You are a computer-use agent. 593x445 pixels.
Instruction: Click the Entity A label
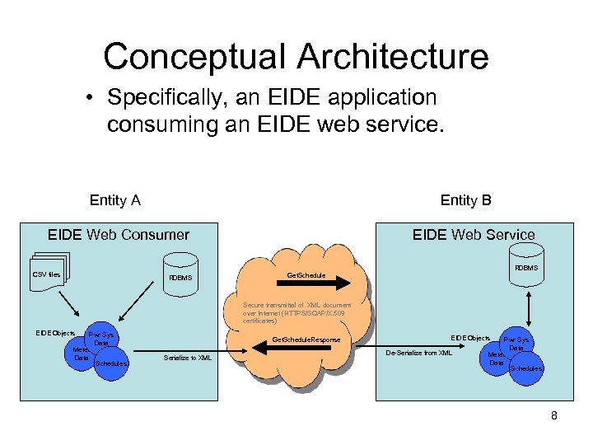click(x=114, y=200)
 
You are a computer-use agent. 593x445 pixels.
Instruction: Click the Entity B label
click(x=466, y=200)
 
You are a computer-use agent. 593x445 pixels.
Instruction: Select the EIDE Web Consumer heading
click(x=119, y=235)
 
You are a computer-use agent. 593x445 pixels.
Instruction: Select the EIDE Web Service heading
click(x=474, y=235)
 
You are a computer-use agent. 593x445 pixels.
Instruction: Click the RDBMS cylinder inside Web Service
click(x=525, y=269)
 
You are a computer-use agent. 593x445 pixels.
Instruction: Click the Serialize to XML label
click(x=187, y=358)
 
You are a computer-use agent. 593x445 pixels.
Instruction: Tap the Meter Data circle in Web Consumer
click(x=81, y=354)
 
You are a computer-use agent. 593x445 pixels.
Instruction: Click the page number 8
click(x=554, y=415)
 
